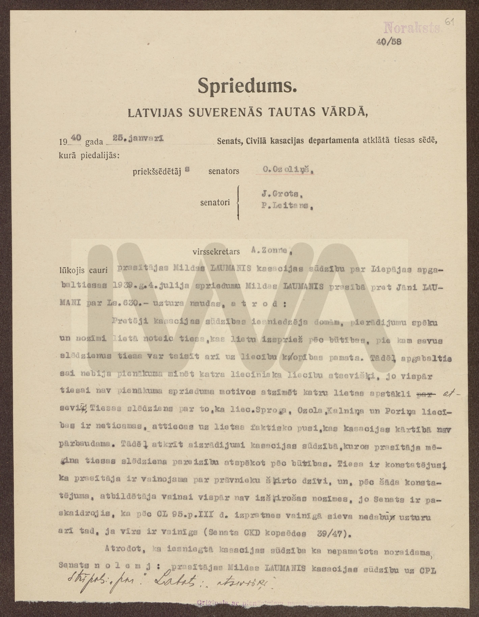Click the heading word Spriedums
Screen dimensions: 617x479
point(247,86)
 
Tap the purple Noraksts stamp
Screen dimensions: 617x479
point(412,28)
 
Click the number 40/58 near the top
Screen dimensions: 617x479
point(389,42)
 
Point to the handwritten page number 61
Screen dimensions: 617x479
point(449,22)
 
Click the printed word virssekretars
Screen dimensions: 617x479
point(216,251)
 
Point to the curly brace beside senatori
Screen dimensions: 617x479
point(238,202)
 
